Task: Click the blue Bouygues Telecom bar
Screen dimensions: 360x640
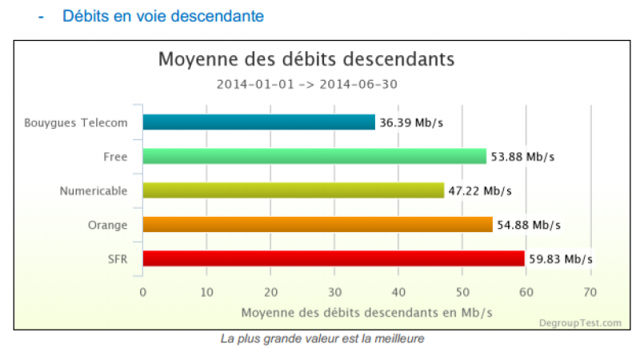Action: tap(258, 122)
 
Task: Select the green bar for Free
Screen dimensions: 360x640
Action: tap(314, 157)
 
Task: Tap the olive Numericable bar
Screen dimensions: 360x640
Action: tap(293, 190)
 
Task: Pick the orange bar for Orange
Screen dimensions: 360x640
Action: tap(318, 225)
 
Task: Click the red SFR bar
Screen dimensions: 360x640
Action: tap(334, 258)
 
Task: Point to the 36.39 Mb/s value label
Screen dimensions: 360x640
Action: tap(411, 122)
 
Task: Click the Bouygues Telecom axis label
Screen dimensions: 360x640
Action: tap(75, 122)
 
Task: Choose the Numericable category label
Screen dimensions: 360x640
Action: tap(94, 190)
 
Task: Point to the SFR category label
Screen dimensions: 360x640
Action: tap(118, 258)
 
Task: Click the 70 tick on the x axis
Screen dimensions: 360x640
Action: tap(590, 292)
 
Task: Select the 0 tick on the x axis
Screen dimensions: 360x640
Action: tap(142, 292)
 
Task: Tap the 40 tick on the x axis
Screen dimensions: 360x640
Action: tap(398, 292)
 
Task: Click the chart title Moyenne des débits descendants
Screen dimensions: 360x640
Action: tap(306, 59)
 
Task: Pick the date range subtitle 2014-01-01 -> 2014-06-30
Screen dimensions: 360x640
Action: tap(307, 84)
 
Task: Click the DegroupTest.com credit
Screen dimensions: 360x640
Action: tap(579, 322)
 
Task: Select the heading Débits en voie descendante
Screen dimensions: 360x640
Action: tap(163, 16)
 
